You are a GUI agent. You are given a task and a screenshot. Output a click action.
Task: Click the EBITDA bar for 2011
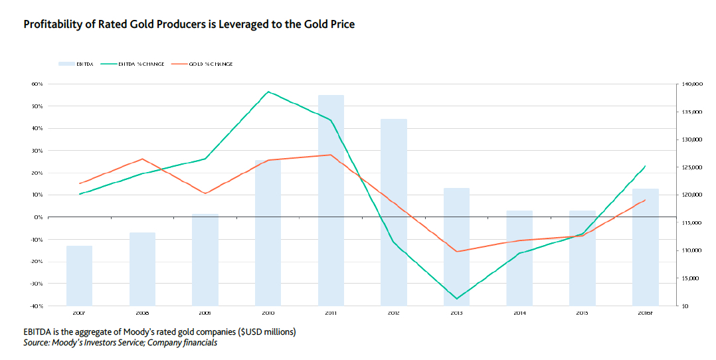[331, 200]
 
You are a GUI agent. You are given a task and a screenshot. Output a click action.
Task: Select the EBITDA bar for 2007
[79, 276]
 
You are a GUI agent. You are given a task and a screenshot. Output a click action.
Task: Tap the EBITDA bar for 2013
[456, 246]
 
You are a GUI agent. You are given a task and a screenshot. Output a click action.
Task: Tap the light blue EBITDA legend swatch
[65, 64]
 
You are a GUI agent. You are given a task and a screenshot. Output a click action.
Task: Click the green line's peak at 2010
[268, 92]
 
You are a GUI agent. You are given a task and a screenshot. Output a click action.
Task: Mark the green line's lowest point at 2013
[456, 299]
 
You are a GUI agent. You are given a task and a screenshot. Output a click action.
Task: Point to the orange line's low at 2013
[456, 252]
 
